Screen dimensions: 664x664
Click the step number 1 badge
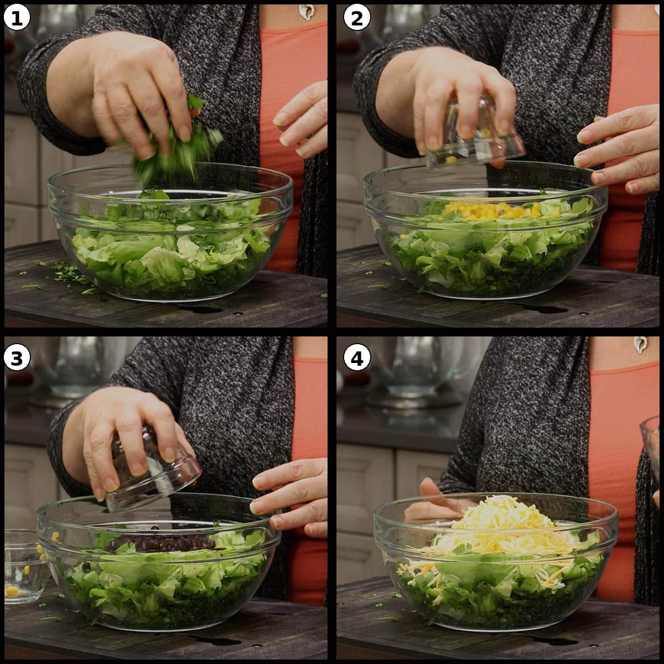coord(16,18)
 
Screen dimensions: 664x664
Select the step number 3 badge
coord(16,358)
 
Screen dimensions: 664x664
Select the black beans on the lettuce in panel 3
coord(160,543)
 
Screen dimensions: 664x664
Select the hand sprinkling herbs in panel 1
coord(138,89)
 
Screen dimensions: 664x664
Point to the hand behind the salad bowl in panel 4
coord(434,492)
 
